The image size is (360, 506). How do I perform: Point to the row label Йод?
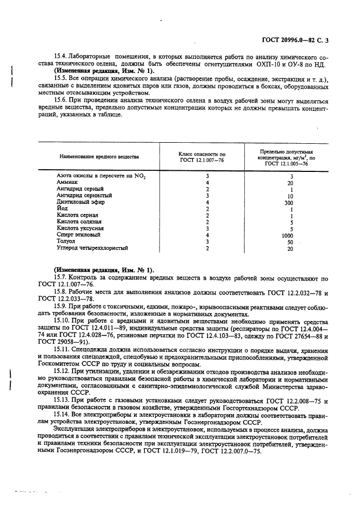click(62, 209)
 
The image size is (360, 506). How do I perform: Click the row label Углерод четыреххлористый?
click(92, 248)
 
